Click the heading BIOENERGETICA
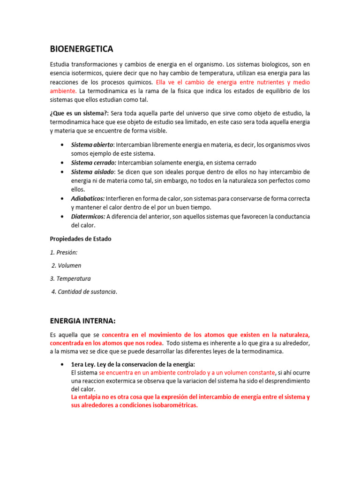pyautogui.click(x=82, y=49)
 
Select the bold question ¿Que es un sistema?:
pyautogui.click(x=79, y=113)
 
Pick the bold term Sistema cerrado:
pyautogui.click(x=94, y=163)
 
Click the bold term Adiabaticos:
pyautogui.click(x=88, y=199)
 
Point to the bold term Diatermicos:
pyautogui.click(x=88, y=217)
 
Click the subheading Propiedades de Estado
pyautogui.click(x=81, y=239)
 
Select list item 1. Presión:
pyautogui.click(x=64, y=252)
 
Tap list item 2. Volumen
pyautogui.click(x=66, y=265)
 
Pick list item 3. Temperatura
pyautogui.click(x=70, y=278)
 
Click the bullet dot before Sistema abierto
pyautogui.click(x=62, y=144)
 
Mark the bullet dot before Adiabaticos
pyautogui.click(x=62, y=199)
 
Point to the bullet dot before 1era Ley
pyautogui.click(x=62, y=364)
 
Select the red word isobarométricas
pyautogui.click(x=175, y=405)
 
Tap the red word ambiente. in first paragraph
pyautogui.click(x=63, y=91)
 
